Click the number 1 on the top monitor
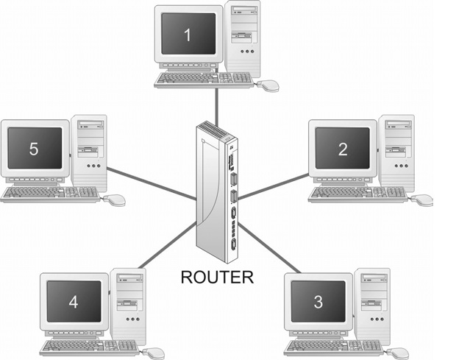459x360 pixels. [x=187, y=34]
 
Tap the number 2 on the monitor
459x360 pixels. [x=342, y=149]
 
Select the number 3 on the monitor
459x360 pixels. [x=318, y=301]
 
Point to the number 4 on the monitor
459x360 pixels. [x=73, y=301]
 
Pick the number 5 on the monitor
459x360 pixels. [x=34, y=149]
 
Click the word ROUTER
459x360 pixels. [x=217, y=278]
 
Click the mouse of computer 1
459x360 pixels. [x=269, y=85]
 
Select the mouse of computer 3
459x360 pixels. [x=399, y=353]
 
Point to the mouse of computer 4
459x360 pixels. [x=154, y=353]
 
